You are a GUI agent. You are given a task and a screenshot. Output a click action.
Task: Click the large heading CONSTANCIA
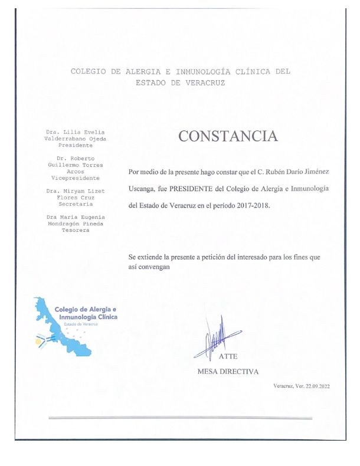coord(228,136)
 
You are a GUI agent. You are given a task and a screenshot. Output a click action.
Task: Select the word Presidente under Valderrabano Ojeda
coord(71,145)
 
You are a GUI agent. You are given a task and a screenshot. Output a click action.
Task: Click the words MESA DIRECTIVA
coord(228,372)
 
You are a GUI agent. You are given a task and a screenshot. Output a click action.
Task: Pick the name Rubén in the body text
coord(271,172)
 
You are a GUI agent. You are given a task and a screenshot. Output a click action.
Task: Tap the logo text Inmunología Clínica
coord(84,317)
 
